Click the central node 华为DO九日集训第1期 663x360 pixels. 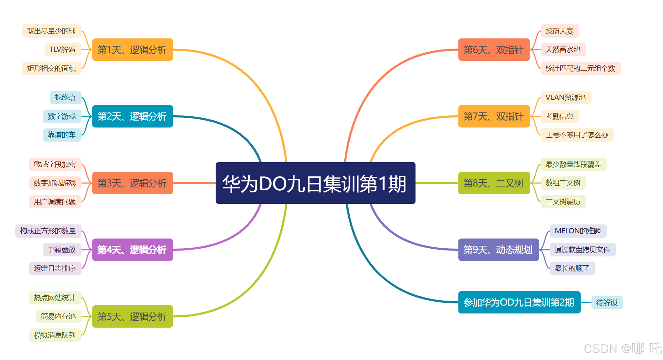315,183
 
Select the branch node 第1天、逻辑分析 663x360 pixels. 132,50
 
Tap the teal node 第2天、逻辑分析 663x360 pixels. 132,116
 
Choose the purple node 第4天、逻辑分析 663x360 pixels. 132,250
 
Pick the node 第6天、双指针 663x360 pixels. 494,50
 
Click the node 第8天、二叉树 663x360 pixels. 494,183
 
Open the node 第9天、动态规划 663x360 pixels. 498,250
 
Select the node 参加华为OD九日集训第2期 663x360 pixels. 519,302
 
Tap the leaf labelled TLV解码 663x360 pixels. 63,49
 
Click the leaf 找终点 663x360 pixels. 65,97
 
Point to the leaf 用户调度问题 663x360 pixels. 55,202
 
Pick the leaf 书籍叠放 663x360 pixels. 62,250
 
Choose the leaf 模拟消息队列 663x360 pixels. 55,335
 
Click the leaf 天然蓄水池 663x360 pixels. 563,49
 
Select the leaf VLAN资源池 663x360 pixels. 566,97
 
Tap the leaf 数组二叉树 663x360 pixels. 563,183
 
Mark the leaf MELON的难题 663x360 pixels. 578,231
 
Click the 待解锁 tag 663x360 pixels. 607,302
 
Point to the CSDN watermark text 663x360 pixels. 622,348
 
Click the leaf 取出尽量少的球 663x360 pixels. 52,31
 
